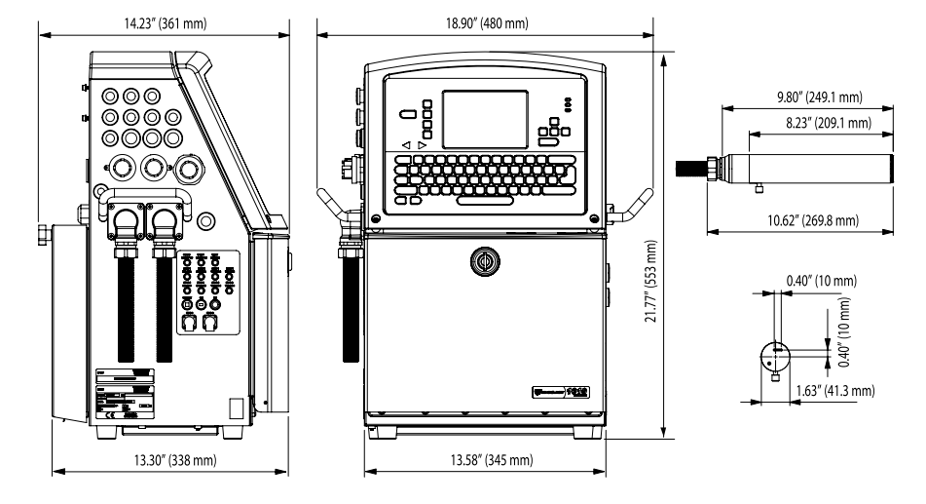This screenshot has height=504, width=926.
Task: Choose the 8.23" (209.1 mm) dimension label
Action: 816,121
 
